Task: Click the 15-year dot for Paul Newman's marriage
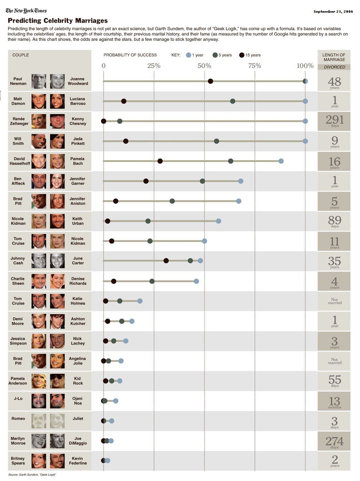click(210, 81)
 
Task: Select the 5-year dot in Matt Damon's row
click(233, 101)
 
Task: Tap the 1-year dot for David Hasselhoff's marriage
click(281, 161)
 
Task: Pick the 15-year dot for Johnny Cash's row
click(166, 261)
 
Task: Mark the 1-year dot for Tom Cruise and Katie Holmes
click(140, 301)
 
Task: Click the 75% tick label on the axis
click(255, 66)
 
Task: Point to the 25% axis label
click(154, 66)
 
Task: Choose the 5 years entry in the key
click(222, 55)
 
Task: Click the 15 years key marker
click(242, 55)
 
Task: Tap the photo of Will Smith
click(39, 141)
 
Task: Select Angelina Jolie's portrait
click(57, 361)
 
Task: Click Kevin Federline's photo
click(57, 461)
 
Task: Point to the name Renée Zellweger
click(19, 121)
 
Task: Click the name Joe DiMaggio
click(78, 441)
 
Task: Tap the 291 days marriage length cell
click(334, 121)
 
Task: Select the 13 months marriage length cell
click(334, 401)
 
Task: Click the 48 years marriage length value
click(334, 82)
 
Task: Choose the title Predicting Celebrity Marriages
click(58, 21)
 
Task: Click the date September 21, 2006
click(333, 12)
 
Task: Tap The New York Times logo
click(26, 11)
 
